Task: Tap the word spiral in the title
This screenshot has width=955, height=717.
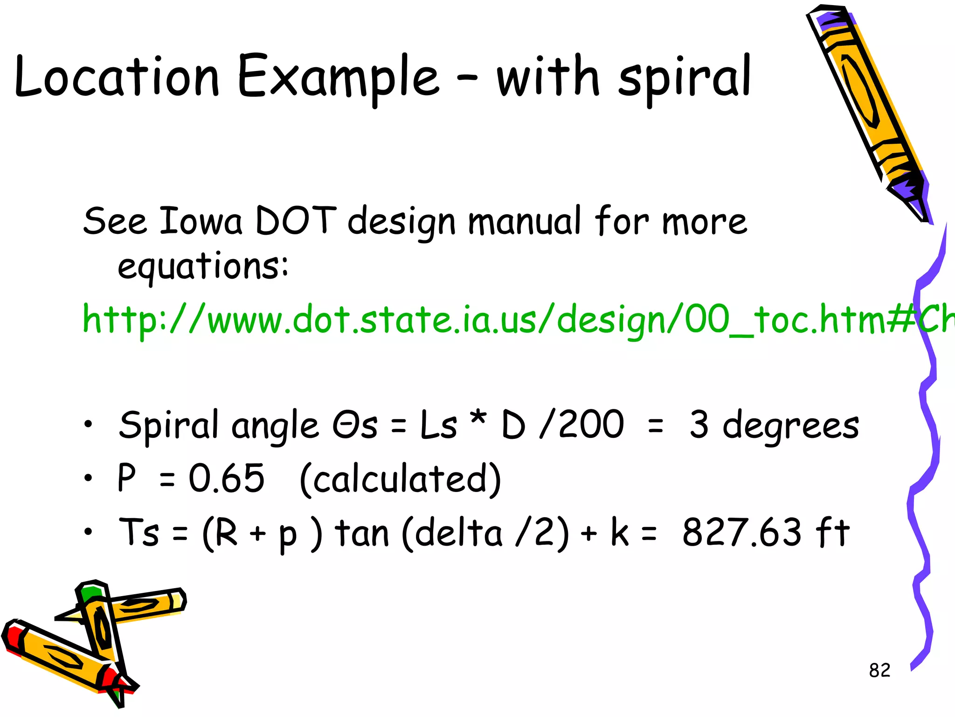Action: pos(684,78)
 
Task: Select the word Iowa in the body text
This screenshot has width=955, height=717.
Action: pos(201,221)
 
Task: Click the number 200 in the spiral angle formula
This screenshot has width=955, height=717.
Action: pos(591,425)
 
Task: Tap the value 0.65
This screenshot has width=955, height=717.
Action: pos(227,478)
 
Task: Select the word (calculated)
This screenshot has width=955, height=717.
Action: pos(400,479)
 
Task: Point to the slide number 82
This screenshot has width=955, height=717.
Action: pos(879,670)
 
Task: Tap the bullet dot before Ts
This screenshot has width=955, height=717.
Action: pos(88,531)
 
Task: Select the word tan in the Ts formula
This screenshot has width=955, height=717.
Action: pos(362,534)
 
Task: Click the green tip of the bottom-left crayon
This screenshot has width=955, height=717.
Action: pos(90,593)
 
